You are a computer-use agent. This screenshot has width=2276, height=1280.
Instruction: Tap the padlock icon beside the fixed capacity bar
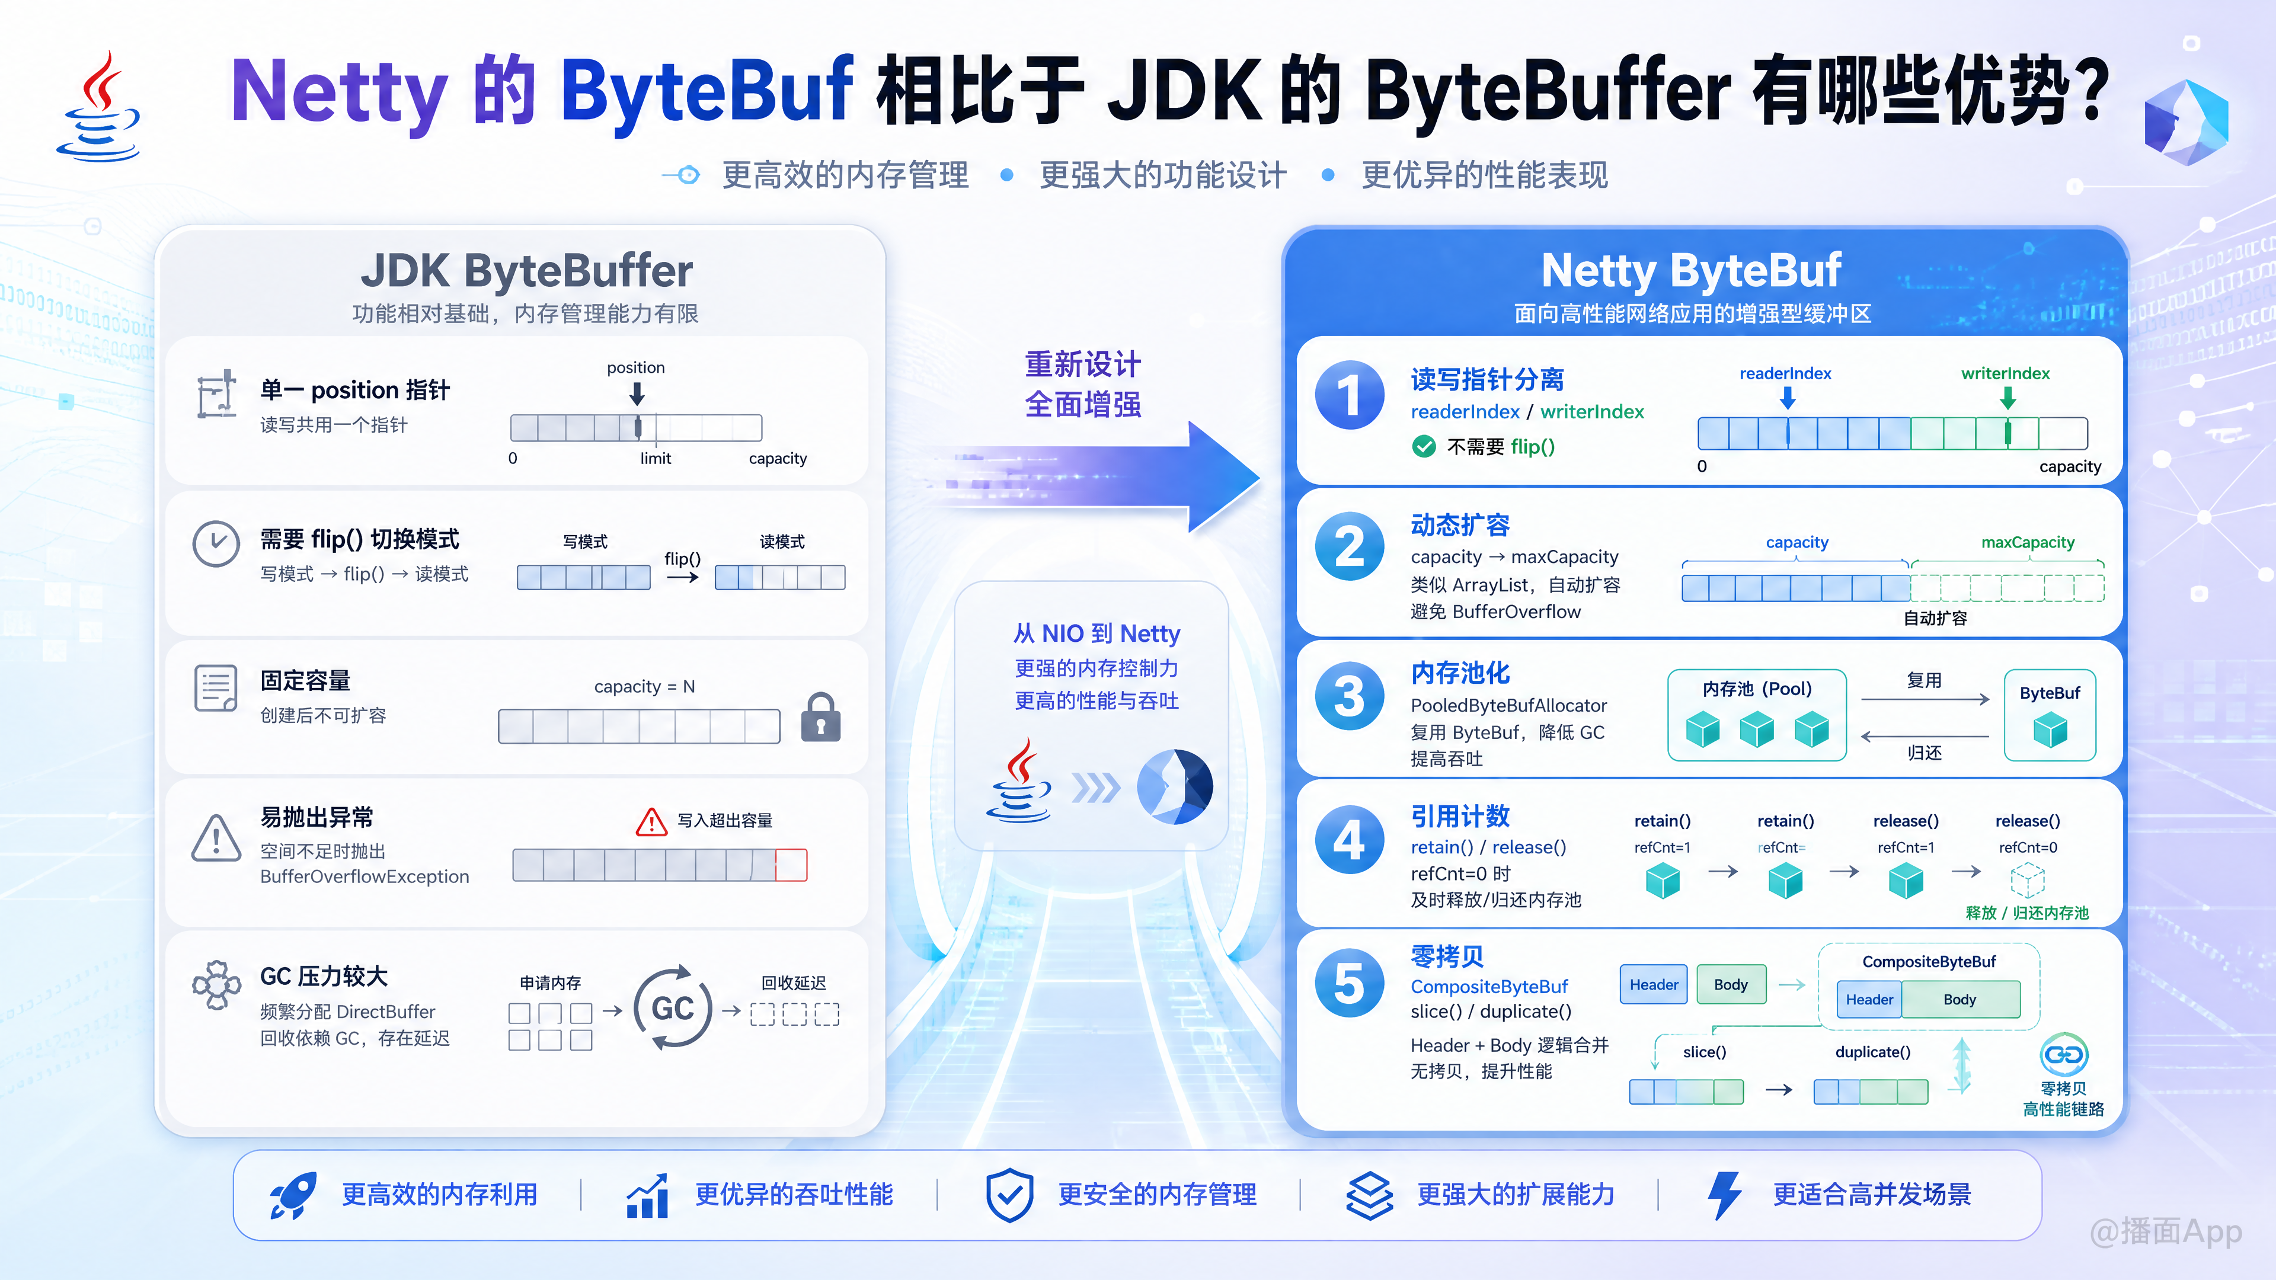pyautogui.click(x=821, y=716)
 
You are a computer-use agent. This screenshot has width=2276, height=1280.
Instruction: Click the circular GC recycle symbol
pyautogui.click(x=672, y=1008)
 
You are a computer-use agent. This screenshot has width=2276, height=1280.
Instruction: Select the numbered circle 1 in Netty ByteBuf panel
pyautogui.click(x=1349, y=395)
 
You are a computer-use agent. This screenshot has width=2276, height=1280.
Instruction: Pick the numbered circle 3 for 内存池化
pyautogui.click(x=1349, y=696)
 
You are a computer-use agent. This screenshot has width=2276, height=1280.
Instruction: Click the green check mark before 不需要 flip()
pyautogui.click(x=1423, y=446)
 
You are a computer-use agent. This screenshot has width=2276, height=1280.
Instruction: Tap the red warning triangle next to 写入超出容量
pyautogui.click(x=651, y=821)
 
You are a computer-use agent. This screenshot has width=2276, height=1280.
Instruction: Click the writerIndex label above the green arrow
pyautogui.click(x=2006, y=374)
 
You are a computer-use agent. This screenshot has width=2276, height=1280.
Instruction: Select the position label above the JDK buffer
pyautogui.click(x=636, y=367)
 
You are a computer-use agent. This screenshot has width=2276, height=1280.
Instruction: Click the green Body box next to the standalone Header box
pyautogui.click(x=1731, y=984)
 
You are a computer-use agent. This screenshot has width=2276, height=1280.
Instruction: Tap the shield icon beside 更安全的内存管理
pyautogui.click(x=1009, y=1195)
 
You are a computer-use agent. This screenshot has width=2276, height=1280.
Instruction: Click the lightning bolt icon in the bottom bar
pyautogui.click(x=1725, y=1195)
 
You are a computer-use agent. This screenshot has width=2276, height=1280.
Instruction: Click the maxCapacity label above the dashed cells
pyautogui.click(x=2028, y=542)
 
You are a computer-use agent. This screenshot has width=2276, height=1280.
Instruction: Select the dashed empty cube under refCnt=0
pyautogui.click(x=2028, y=881)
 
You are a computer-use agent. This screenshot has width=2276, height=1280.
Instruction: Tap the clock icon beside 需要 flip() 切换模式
pyautogui.click(x=216, y=543)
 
